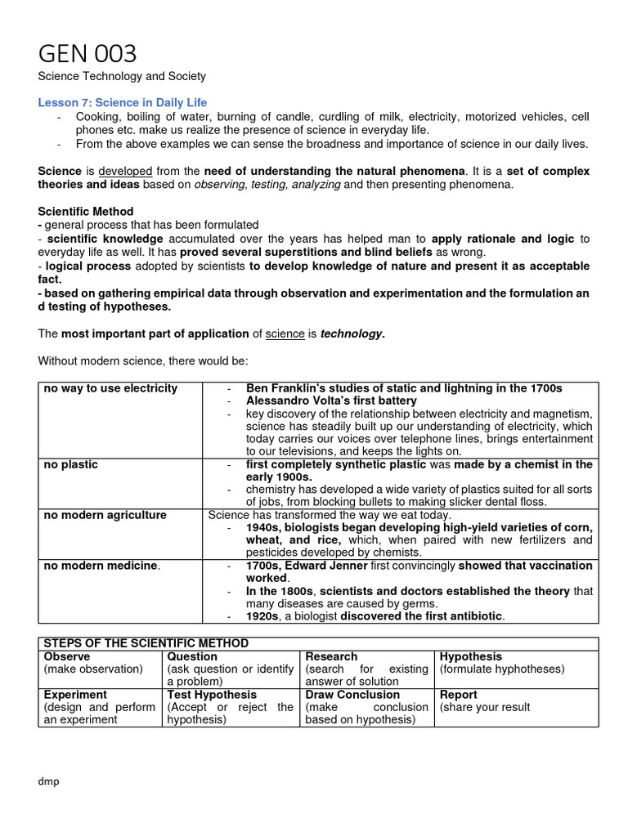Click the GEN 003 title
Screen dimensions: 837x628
(x=87, y=54)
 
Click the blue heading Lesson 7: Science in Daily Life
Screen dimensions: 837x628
(x=123, y=103)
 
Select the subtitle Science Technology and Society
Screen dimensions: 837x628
(x=122, y=76)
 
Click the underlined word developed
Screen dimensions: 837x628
(x=125, y=172)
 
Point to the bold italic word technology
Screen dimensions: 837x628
(x=352, y=333)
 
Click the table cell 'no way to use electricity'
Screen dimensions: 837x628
(x=110, y=388)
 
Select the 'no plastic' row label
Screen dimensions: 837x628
(x=70, y=464)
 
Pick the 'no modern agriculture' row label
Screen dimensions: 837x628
(x=105, y=515)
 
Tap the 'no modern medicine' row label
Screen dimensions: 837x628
(x=102, y=566)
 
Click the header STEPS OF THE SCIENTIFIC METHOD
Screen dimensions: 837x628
(x=146, y=643)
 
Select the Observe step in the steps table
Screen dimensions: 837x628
(x=67, y=656)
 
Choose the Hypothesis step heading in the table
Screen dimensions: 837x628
(x=471, y=656)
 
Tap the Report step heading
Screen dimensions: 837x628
(x=459, y=694)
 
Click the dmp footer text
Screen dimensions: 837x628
(x=49, y=781)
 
